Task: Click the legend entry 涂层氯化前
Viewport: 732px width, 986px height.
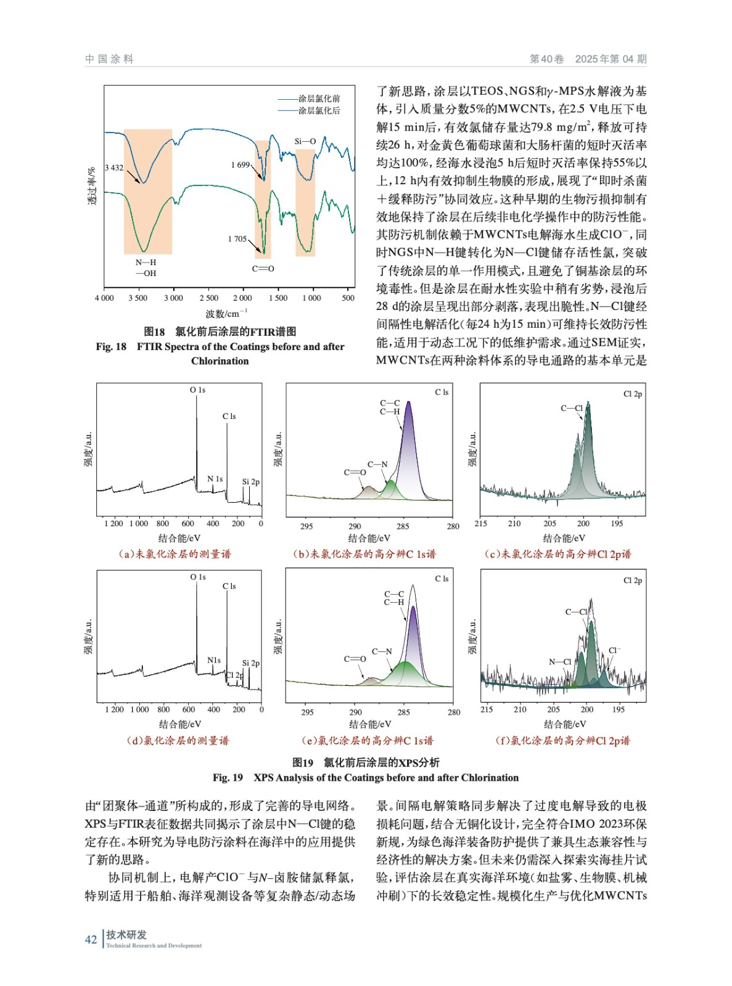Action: (319, 99)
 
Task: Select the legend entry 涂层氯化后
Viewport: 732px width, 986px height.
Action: (319, 111)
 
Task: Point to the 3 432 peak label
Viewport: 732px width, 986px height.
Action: (114, 168)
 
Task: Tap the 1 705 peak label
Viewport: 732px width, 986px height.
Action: (237, 239)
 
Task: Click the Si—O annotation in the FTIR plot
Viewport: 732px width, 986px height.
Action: (305, 142)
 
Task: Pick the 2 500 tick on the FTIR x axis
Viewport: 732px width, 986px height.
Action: (208, 298)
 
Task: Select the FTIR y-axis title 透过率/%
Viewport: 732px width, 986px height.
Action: (92, 186)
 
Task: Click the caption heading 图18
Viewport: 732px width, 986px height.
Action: (154, 332)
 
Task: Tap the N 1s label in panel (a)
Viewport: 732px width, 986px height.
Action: (215, 479)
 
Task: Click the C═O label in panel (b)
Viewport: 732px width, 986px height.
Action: (355, 473)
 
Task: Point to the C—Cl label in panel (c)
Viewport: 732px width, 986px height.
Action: (572, 408)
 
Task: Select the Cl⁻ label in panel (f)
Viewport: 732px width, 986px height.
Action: (614, 650)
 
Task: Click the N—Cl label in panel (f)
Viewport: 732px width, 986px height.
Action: (560, 662)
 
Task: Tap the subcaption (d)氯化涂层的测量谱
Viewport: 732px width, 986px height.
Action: (178, 741)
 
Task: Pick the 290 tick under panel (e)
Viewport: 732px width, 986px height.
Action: (356, 712)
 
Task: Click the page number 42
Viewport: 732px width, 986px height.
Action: (91, 939)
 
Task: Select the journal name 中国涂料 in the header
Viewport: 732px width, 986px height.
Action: (110, 59)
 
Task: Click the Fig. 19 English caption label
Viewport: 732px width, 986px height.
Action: (228, 778)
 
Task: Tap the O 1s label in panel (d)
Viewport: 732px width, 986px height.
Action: (198, 577)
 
